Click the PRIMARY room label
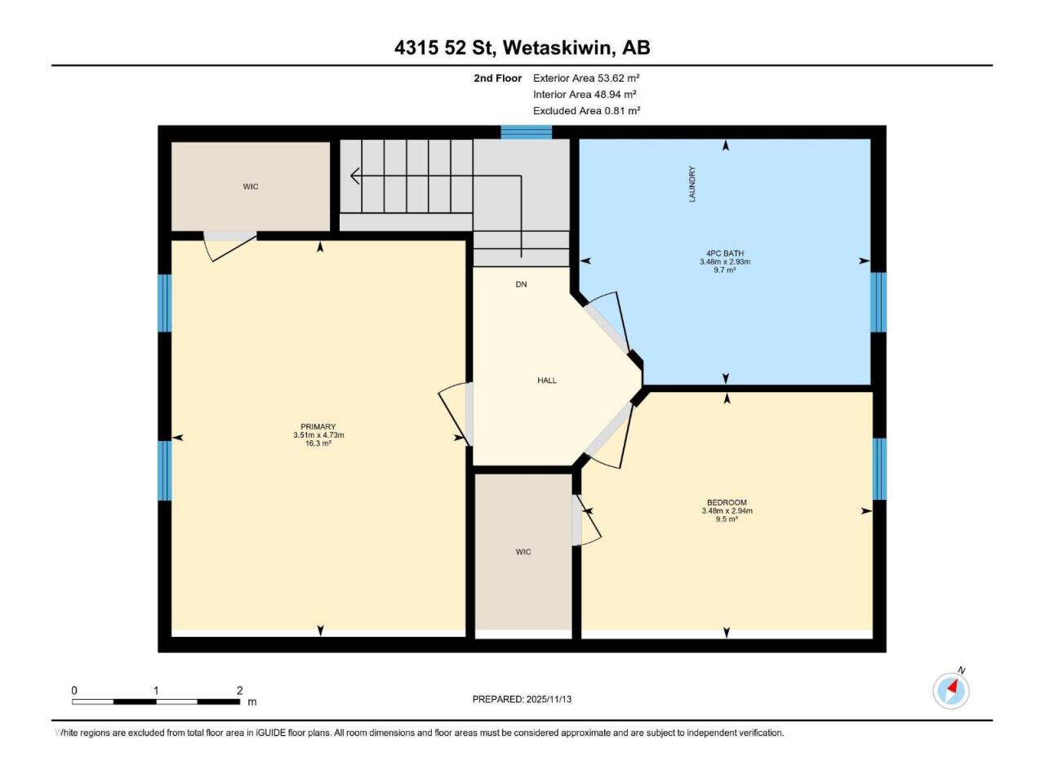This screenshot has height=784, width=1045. [318, 426]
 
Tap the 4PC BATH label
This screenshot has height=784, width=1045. [725, 253]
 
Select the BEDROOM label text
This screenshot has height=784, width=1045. [727, 502]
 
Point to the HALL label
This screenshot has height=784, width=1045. [546, 381]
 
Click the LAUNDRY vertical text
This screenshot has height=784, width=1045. [691, 185]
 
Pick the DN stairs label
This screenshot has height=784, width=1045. [522, 284]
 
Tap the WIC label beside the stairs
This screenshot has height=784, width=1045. [251, 186]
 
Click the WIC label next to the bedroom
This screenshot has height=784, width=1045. [523, 552]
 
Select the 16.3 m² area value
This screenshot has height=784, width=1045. [318, 443]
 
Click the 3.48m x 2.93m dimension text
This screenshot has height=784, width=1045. [725, 262]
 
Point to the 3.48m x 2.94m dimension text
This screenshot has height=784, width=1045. [727, 510]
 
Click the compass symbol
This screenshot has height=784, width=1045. [951, 691]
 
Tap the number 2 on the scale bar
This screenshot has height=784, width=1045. [239, 690]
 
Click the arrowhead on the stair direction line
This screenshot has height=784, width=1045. [354, 176]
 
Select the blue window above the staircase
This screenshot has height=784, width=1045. [526, 131]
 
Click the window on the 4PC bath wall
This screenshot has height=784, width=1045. [878, 302]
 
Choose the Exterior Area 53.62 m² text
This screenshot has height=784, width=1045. [586, 78]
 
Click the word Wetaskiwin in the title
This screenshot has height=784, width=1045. [557, 47]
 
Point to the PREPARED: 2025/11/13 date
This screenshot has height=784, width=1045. [522, 699]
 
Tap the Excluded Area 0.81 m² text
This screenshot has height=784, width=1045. [586, 111]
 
